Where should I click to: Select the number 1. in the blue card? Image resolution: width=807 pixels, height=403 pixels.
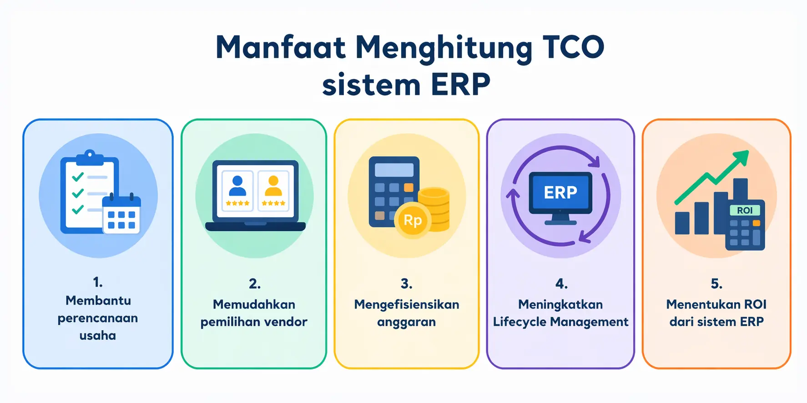pos(98,282)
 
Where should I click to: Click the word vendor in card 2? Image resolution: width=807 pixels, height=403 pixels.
pos(285,322)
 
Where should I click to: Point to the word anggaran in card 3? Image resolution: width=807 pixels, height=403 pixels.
pos(406,322)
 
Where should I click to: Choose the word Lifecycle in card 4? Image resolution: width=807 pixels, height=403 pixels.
pos(520,322)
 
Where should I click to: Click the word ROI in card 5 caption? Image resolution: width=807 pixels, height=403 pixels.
pos(755,304)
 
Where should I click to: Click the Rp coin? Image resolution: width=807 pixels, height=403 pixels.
pos(413,220)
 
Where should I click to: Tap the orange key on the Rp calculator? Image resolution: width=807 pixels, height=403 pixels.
pos(409,187)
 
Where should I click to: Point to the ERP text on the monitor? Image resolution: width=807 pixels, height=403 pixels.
pos(560,192)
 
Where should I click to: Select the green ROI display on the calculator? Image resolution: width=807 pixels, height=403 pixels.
pos(745,210)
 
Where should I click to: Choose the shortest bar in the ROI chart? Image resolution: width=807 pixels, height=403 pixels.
pos(682,223)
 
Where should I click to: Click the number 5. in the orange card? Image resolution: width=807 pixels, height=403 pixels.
pos(716,284)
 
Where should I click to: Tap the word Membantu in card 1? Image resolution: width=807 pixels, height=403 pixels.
pos(98,300)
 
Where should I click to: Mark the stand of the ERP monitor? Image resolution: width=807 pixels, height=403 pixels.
pos(560,219)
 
